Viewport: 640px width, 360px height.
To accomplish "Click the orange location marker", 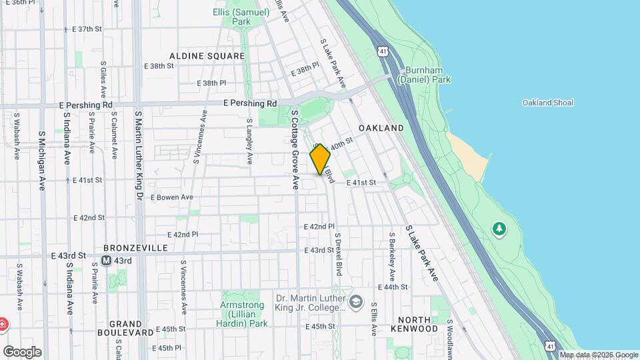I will point(320,159).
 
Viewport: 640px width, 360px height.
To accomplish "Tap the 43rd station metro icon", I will point(106,260).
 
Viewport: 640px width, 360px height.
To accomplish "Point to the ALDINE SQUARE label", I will point(207,56).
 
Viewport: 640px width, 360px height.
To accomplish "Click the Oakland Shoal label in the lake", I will point(548,103).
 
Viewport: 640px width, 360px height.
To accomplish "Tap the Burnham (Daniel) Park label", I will point(424,75).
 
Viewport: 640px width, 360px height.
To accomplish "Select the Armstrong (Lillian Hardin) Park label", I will point(242,314).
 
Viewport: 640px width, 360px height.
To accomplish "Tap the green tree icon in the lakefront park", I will point(499,229).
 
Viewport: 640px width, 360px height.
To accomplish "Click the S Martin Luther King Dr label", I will point(139,156).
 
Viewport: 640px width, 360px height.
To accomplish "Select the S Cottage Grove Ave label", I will point(294,149).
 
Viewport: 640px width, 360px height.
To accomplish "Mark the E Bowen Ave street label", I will point(171,197).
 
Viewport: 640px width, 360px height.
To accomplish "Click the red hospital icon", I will point(3,325).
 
